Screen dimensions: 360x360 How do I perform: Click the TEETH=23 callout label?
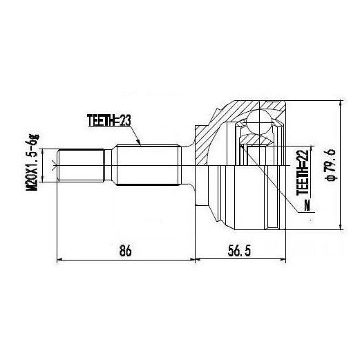[x=109, y=120]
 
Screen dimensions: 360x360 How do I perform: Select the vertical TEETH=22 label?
[x=303, y=172]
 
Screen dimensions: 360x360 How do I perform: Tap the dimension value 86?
[x=126, y=251]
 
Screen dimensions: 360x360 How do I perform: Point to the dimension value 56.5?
[x=239, y=251]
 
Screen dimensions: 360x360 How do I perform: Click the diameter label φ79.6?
[x=330, y=164]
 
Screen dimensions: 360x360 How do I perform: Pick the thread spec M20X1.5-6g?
[x=32, y=162]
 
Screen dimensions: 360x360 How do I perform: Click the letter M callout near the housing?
[x=307, y=206]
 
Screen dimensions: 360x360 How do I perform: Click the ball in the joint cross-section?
[x=259, y=122]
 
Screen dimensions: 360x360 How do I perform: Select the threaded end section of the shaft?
[x=81, y=165]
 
